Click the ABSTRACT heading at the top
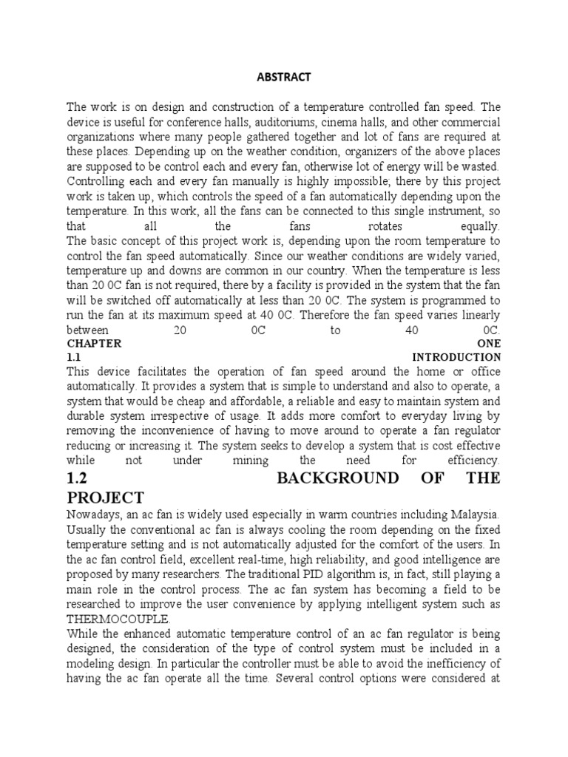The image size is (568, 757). pyautogui.click(x=283, y=76)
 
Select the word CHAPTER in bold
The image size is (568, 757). pyautogui.click(x=94, y=344)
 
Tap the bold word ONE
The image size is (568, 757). pyautogui.click(x=489, y=344)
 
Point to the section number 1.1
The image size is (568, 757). pyautogui.click(x=73, y=357)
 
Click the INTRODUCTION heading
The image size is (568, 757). pyautogui.click(x=456, y=357)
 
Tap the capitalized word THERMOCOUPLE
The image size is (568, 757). pyautogui.click(x=118, y=619)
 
